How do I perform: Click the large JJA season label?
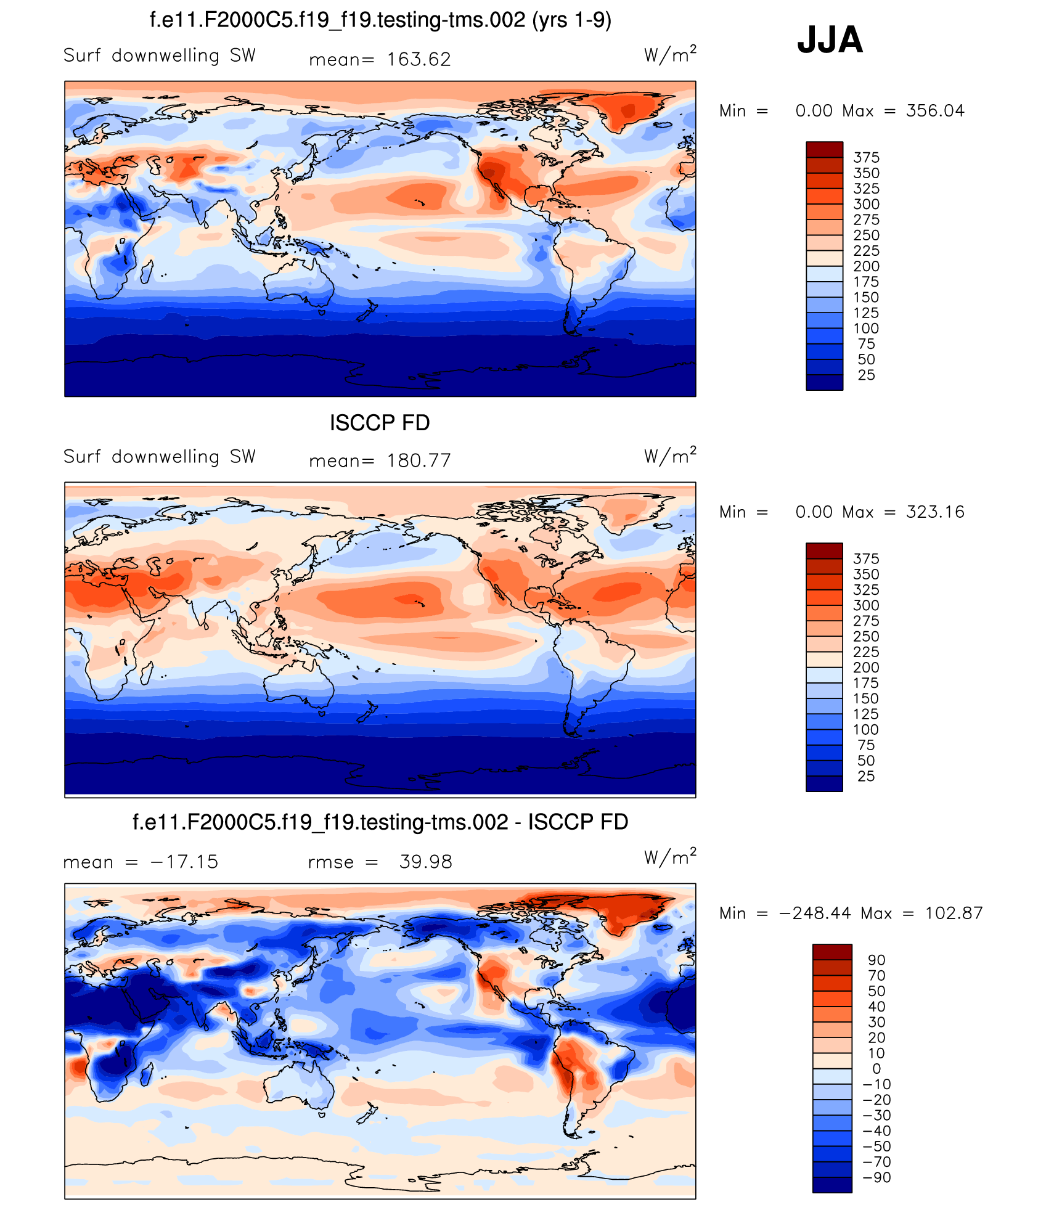coord(830,40)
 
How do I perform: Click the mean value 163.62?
coord(419,59)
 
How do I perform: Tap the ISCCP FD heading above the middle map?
coord(380,423)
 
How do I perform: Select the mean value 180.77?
coord(419,460)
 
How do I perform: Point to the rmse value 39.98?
coord(425,862)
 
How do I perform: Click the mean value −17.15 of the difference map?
coord(184,862)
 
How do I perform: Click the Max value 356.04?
coord(934,111)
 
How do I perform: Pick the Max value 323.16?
coord(934,512)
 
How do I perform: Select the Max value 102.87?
coord(954,913)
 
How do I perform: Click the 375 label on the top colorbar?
coord(866,158)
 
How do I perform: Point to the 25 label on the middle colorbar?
coord(866,777)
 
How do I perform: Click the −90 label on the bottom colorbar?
coord(876,1177)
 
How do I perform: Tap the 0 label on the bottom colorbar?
coord(876,1069)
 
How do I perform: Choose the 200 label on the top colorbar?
coord(866,266)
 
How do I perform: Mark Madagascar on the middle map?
coord(147,672)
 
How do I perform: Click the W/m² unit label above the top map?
coord(670,55)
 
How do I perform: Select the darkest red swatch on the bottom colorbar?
coord(832,952)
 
